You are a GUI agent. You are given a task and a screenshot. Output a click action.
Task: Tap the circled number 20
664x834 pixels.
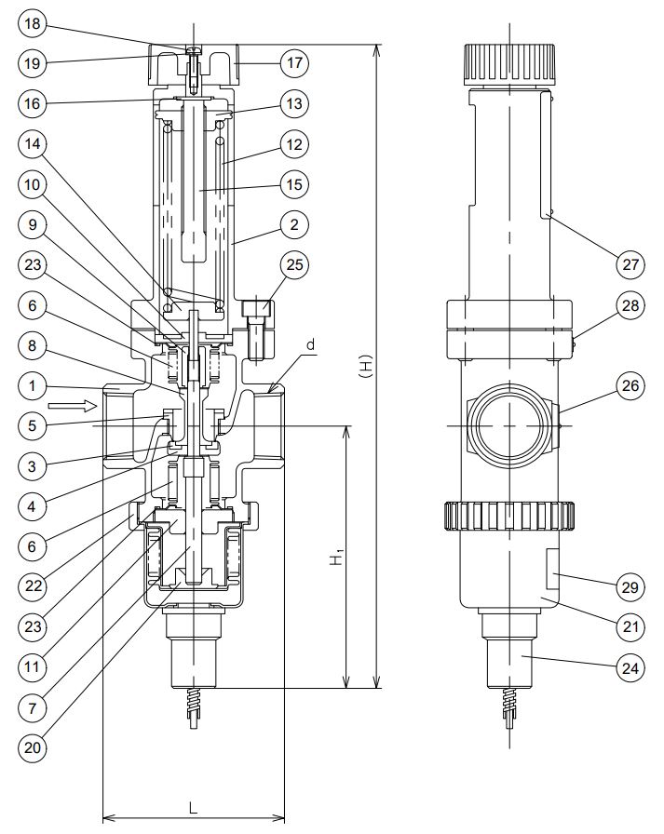[33, 746]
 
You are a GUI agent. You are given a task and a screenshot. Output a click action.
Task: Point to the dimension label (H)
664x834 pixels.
[366, 368]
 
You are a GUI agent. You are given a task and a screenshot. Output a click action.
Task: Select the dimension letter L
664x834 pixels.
[193, 807]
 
